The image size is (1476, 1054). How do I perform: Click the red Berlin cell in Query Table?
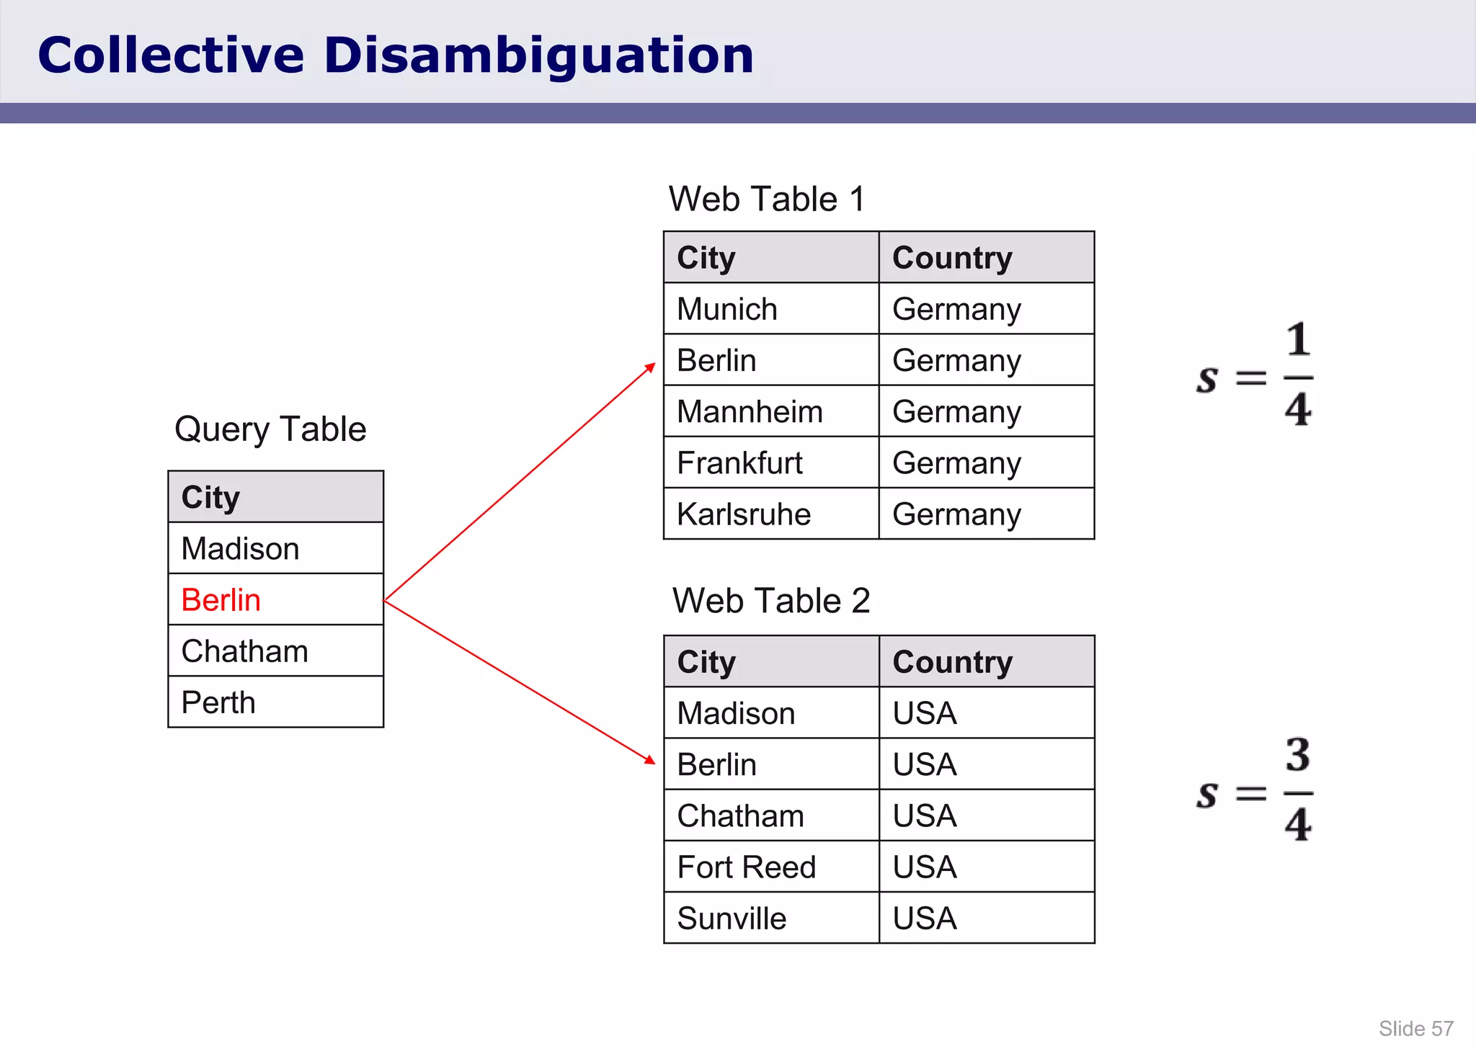pyautogui.click(x=221, y=600)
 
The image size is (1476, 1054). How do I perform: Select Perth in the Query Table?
pyautogui.click(x=218, y=702)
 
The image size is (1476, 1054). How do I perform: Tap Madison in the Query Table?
pyautogui.click(x=240, y=549)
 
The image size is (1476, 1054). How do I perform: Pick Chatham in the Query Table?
pyautogui.click(x=244, y=651)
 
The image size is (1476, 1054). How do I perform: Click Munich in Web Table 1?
pyautogui.click(x=727, y=309)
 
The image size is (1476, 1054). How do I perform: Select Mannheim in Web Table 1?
pyautogui.click(x=750, y=412)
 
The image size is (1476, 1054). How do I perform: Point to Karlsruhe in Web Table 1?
pyautogui.click(x=744, y=514)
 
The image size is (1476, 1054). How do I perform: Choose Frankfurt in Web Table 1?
pyautogui.click(x=739, y=463)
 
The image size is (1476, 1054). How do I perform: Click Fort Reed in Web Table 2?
pyautogui.click(x=747, y=867)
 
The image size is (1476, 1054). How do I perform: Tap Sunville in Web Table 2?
pyautogui.click(x=732, y=919)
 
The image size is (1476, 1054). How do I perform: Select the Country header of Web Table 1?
pyautogui.click(x=952, y=258)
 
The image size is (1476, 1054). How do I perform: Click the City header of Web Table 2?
pyautogui.click(x=706, y=662)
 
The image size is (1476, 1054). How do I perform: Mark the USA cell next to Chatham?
pyautogui.click(x=925, y=816)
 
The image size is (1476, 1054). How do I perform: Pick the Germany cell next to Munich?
pyautogui.click(x=956, y=309)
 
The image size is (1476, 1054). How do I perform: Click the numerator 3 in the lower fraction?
pyautogui.click(x=1298, y=755)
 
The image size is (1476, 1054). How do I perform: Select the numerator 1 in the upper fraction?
pyautogui.click(x=1298, y=340)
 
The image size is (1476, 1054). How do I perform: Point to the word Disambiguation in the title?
pyautogui.click(x=538, y=55)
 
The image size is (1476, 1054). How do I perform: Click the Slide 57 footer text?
pyautogui.click(x=1415, y=1029)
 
